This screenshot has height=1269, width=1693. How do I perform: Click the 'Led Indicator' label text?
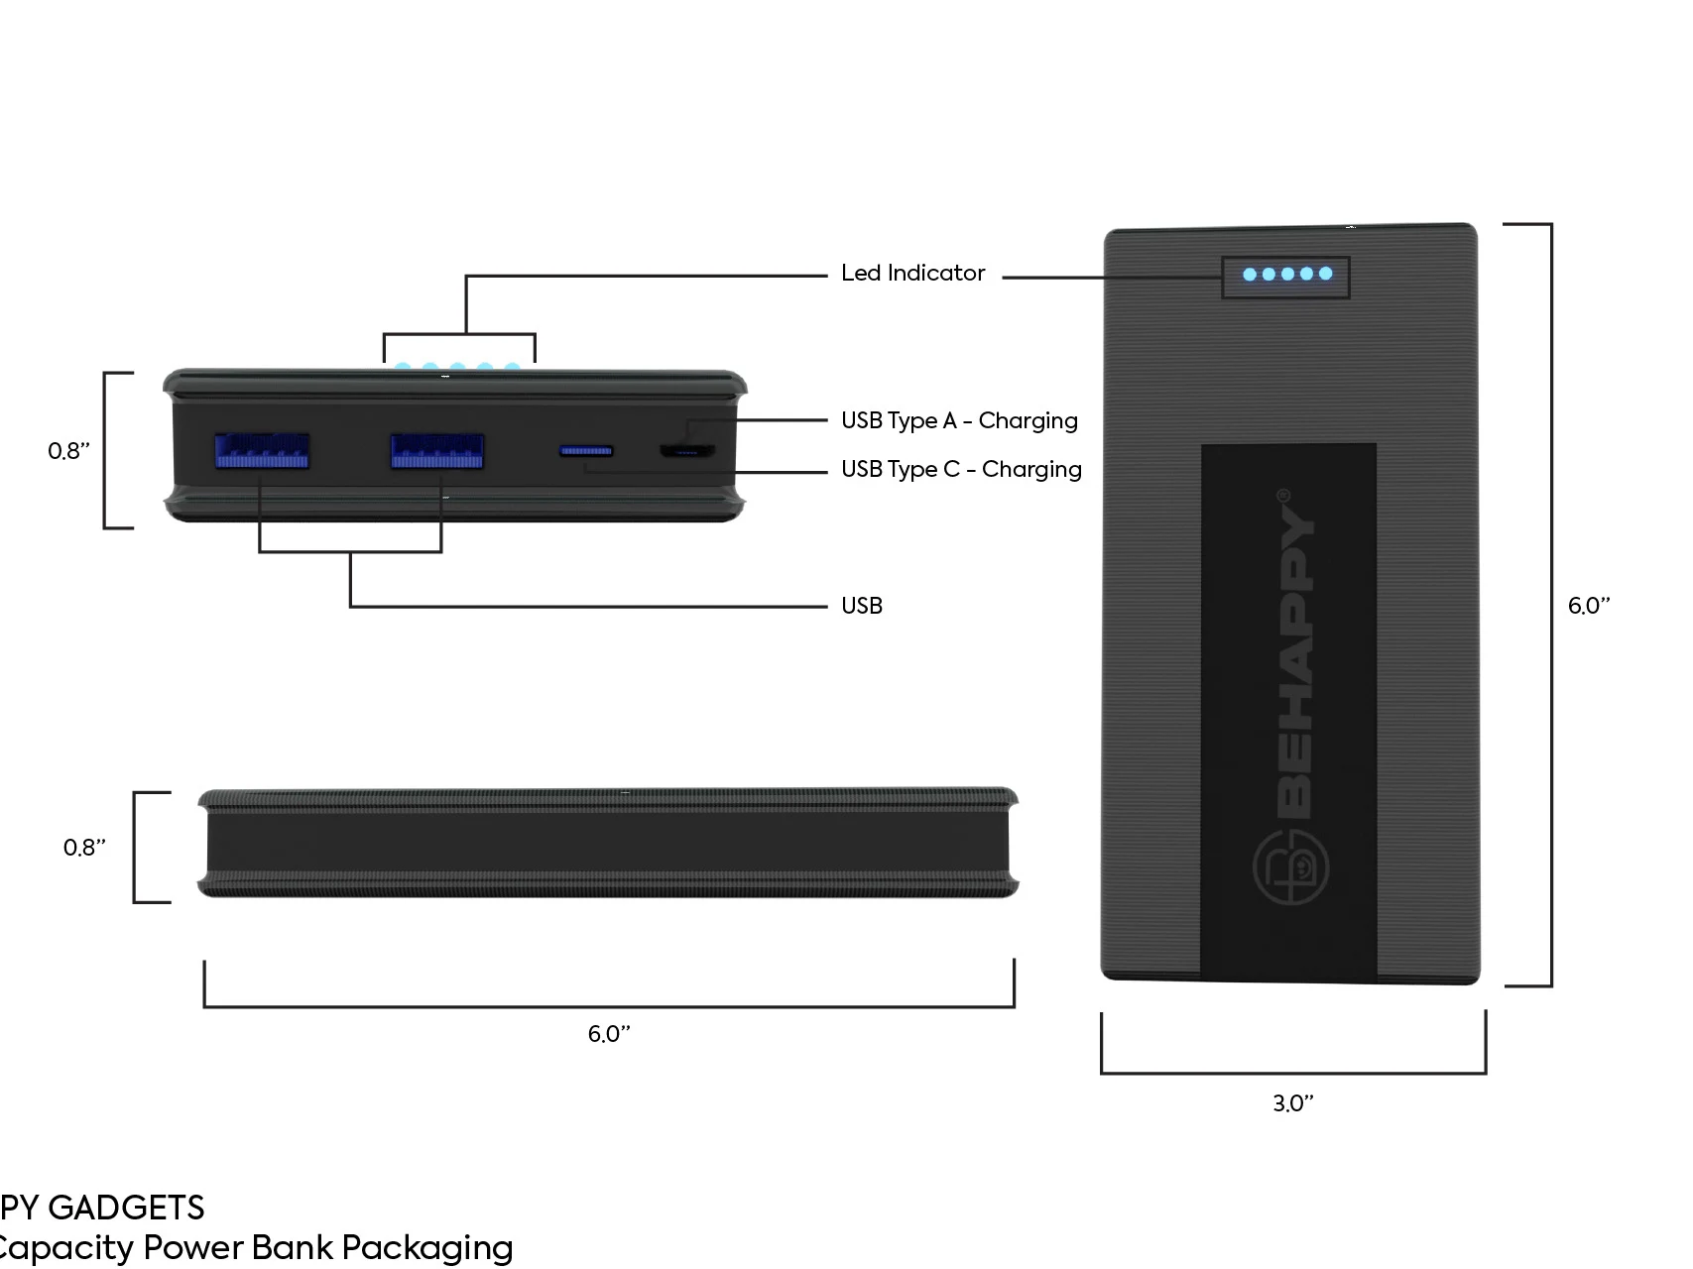click(x=912, y=274)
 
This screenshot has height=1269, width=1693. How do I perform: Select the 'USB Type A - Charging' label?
click(x=959, y=420)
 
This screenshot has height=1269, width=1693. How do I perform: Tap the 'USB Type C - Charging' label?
click(x=961, y=469)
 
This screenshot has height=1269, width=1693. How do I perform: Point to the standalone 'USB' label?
click(x=861, y=606)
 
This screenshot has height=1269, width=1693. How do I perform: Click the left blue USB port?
click(x=262, y=451)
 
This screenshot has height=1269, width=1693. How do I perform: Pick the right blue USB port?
click(x=437, y=451)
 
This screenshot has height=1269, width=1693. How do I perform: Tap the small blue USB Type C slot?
click(x=586, y=451)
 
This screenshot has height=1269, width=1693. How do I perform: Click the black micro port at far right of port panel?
click(x=687, y=451)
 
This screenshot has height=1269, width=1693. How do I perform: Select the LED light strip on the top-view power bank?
click(x=1286, y=275)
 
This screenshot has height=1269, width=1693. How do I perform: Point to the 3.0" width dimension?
click(x=1293, y=1103)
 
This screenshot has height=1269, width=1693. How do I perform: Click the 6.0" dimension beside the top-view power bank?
click(x=1588, y=606)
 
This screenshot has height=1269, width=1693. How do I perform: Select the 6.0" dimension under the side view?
click(x=609, y=1034)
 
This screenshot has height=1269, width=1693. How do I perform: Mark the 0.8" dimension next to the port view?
click(x=68, y=451)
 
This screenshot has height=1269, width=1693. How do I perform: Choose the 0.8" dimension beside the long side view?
click(x=84, y=848)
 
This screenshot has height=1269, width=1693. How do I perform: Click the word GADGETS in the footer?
click(x=126, y=1208)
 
